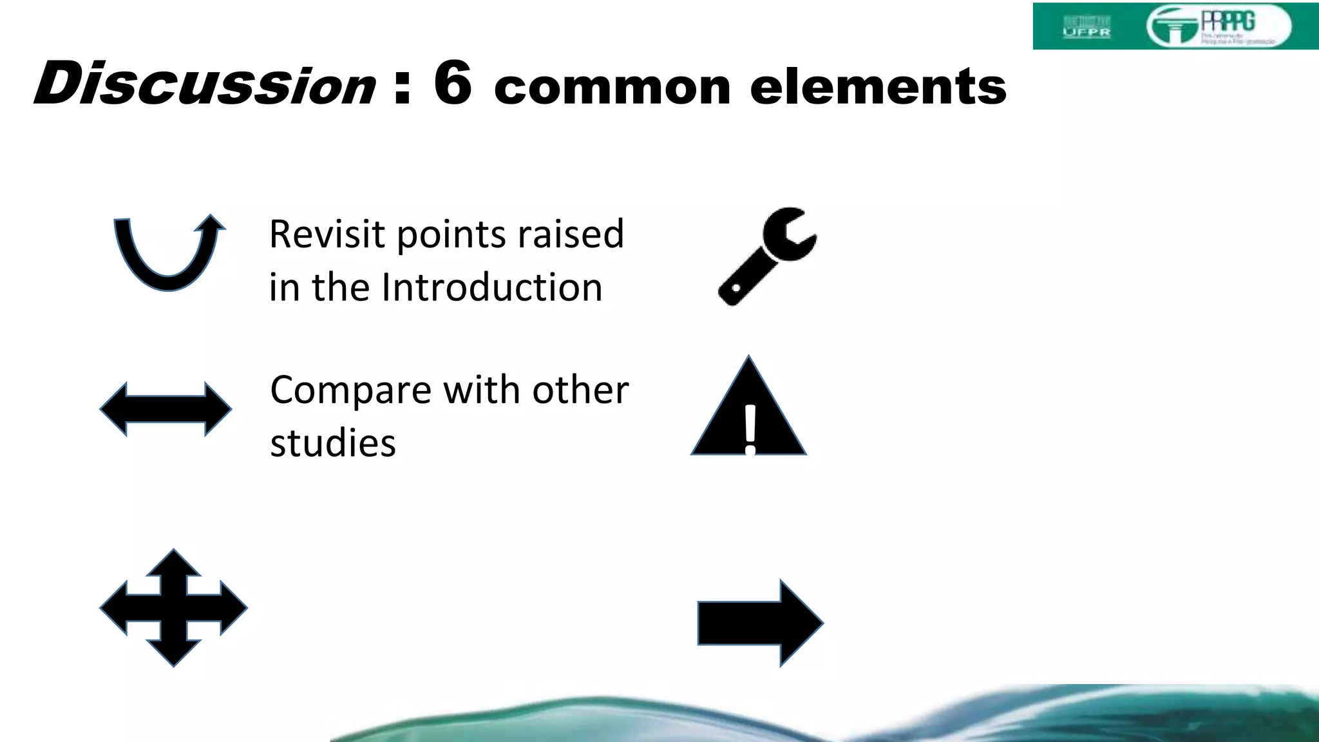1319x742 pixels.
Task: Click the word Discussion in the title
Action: click(x=205, y=84)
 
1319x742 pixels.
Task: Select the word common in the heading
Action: click(x=612, y=88)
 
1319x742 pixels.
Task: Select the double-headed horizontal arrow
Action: click(x=166, y=409)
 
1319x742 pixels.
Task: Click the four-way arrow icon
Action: click(x=173, y=607)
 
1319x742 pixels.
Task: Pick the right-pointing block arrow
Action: click(x=760, y=623)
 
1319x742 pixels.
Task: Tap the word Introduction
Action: click(x=492, y=287)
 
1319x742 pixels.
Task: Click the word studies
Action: click(x=333, y=444)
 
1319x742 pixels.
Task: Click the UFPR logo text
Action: click(x=1087, y=32)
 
